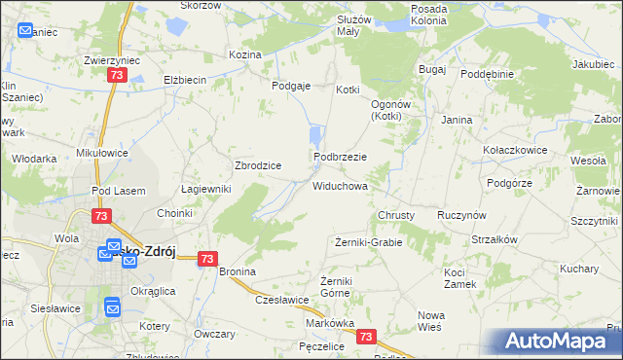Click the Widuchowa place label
coord(340,185)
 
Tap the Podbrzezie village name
coord(339,157)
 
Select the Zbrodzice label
coord(258,165)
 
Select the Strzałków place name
coord(495,239)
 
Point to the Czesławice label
coord(282,301)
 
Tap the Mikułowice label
coord(96,153)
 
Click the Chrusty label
coord(396,215)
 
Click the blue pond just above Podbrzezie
coord(315,135)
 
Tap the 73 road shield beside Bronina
coord(206,259)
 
